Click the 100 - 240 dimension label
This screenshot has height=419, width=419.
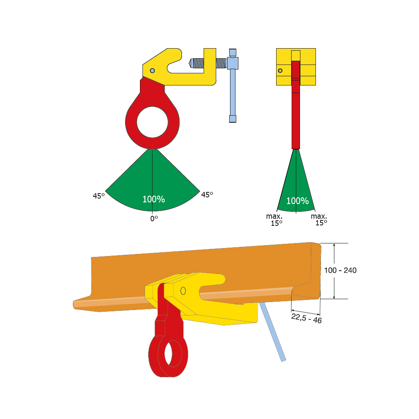340,270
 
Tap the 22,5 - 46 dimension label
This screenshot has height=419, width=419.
306,318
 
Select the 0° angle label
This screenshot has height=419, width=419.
154,219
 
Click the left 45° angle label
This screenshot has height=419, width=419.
98,196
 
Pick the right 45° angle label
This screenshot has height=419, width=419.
207,194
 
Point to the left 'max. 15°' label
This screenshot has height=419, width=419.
274,220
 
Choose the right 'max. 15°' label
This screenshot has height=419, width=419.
319,220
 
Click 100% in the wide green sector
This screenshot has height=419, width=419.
154,199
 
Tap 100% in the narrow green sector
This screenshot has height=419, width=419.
297,201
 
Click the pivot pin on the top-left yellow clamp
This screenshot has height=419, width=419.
153,70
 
